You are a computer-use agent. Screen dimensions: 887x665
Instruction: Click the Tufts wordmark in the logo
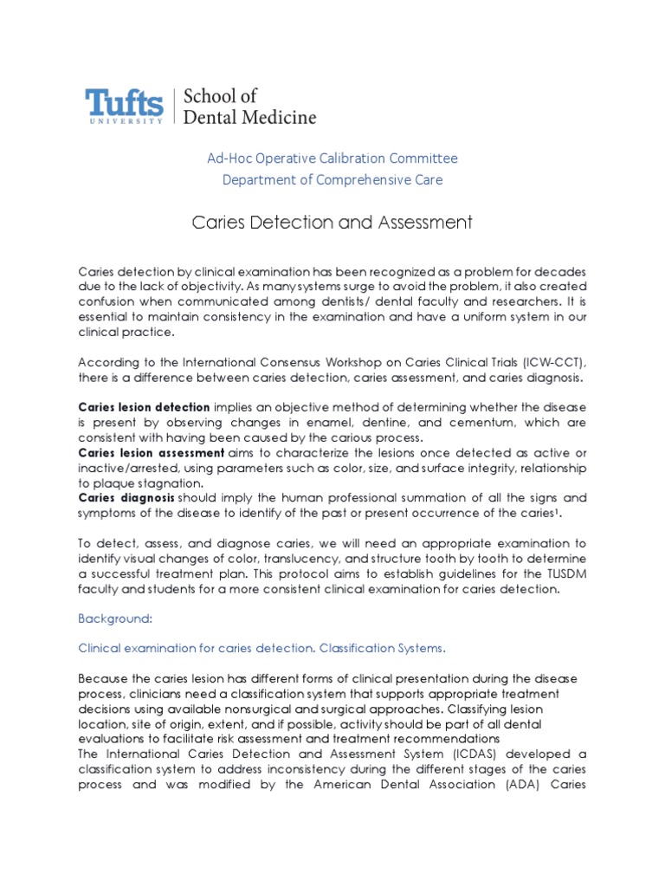tap(124, 103)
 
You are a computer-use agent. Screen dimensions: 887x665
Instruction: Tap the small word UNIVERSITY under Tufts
tap(124, 121)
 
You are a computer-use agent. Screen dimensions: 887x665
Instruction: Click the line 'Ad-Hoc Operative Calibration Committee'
tap(332, 159)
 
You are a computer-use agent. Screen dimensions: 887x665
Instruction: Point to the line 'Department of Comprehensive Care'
tap(332, 180)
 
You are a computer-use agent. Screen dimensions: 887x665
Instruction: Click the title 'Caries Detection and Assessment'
tap(332, 223)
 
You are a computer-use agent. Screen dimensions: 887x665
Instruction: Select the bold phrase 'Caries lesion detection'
tap(144, 407)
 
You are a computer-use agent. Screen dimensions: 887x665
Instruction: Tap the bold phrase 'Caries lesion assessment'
tap(151, 453)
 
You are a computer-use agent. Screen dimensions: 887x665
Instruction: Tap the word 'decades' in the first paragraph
tap(561, 272)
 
